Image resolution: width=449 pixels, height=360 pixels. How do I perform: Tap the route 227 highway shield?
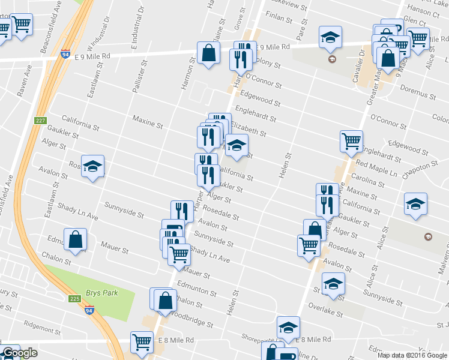40,121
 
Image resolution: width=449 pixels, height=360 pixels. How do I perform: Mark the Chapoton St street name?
421,169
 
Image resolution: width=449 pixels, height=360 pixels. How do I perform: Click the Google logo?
20,353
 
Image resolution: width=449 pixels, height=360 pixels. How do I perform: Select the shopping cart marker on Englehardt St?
351,142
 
